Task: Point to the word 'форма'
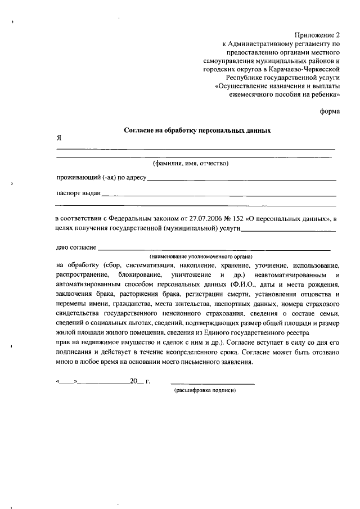tap(330, 111)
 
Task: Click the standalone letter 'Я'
tap(58, 138)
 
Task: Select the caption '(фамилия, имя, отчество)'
tap(191, 164)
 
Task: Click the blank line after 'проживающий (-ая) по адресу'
tap(242, 179)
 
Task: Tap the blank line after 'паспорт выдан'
tap(219, 195)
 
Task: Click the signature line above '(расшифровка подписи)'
tap(212, 382)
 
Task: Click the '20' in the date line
tap(134, 381)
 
